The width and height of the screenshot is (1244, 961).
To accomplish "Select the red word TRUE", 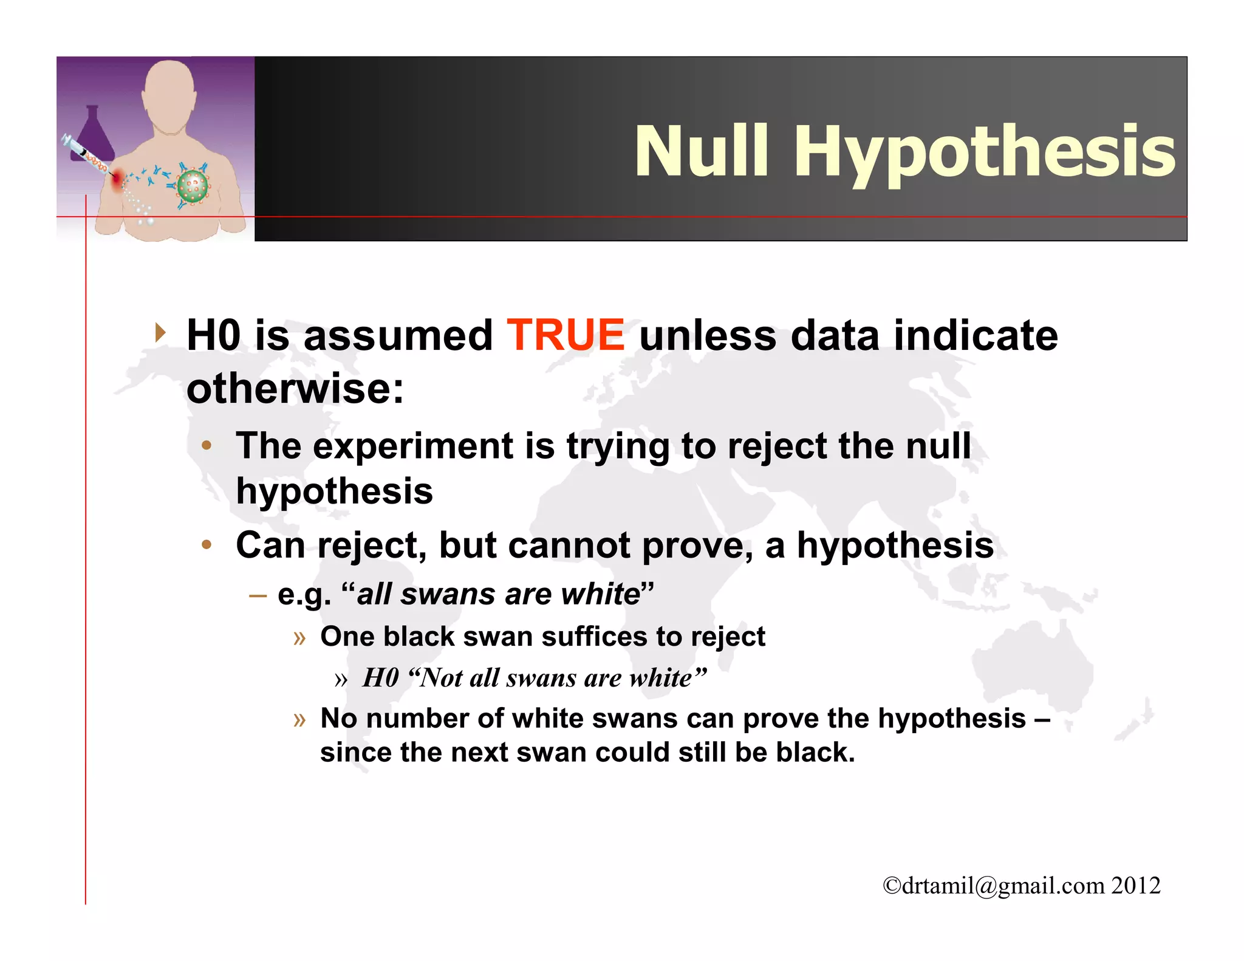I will point(565,335).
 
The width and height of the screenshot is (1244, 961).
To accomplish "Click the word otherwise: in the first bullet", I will point(295,389).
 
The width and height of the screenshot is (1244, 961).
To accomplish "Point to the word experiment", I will point(413,446).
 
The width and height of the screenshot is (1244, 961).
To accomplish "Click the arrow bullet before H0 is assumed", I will point(160,332).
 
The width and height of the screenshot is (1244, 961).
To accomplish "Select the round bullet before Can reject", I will point(207,545).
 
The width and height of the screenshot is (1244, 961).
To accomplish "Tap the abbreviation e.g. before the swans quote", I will point(304,594).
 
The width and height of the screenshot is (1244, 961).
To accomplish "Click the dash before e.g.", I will point(258,595).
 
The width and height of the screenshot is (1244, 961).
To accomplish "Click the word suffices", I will point(595,637).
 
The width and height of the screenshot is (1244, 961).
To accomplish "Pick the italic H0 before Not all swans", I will point(380,678).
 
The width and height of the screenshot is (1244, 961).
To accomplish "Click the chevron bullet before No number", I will point(299,720).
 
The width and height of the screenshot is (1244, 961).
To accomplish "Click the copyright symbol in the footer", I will point(892,886).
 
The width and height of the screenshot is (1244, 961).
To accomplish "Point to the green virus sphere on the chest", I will point(193,186).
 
